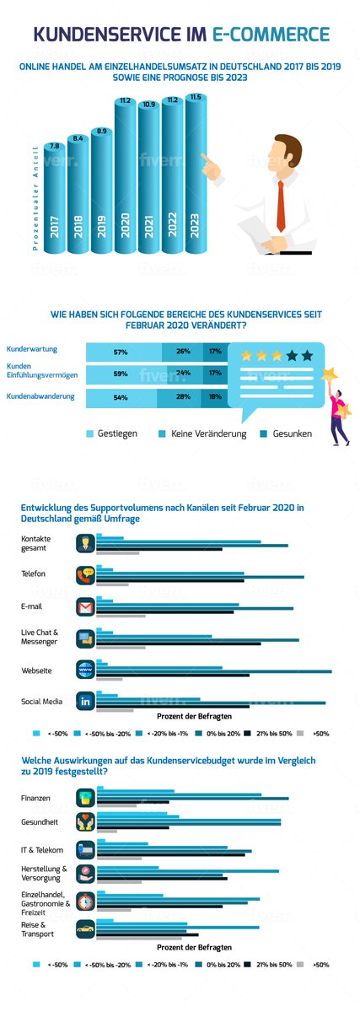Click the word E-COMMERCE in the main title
(271, 35)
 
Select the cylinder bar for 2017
(55, 194)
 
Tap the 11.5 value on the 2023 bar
(196, 98)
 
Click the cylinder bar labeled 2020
(125, 177)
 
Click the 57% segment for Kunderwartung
(121, 351)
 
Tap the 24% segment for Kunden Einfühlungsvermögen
(183, 373)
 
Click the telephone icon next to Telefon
(85, 576)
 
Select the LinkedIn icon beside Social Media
(85, 702)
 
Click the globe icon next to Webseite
(85, 670)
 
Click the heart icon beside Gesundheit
(85, 822)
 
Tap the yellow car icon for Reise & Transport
(85, 929)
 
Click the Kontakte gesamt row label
(37, 542)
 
